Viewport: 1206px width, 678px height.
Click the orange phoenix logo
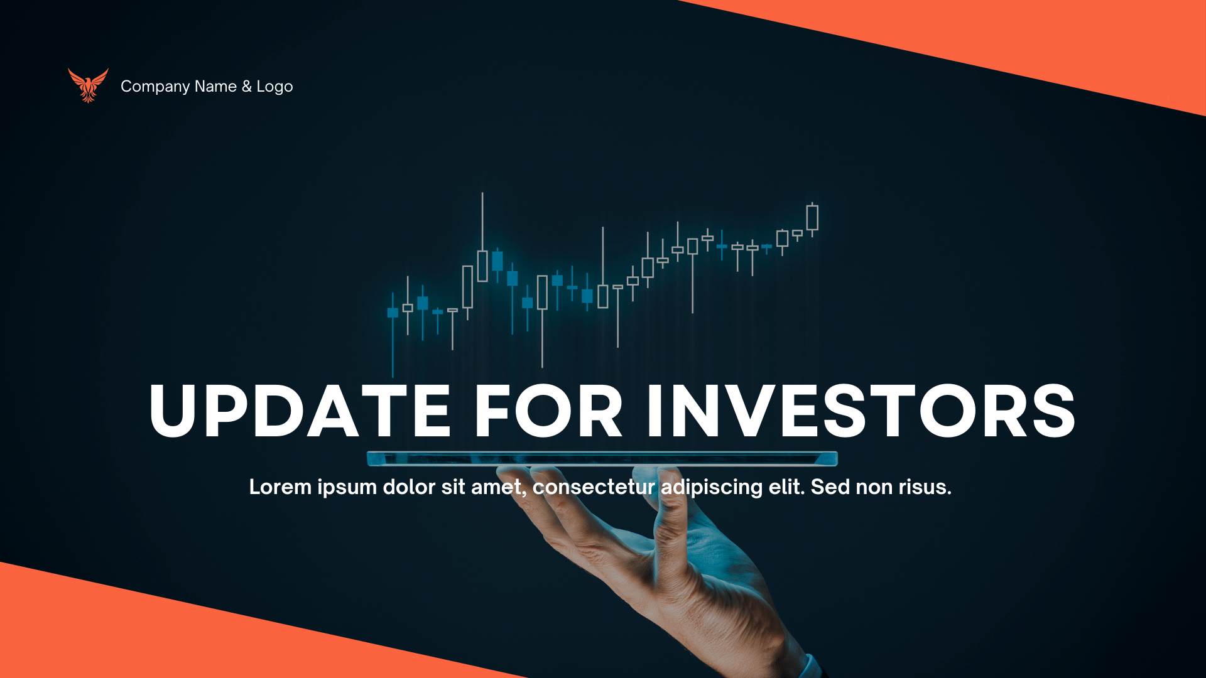click(x=88, y=85)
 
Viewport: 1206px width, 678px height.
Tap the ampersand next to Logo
click(x=246, y=86)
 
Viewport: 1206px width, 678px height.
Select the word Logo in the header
click(x=274, y=87)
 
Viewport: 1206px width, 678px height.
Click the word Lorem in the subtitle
click(x=280, y=487)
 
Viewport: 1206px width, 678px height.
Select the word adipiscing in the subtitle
click(x=712, y=487)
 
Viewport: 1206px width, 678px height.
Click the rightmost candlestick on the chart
click(x=812, y=218)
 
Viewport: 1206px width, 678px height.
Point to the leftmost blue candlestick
click(x=393, y=313)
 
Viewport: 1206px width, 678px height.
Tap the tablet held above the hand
click(x=602, y=459)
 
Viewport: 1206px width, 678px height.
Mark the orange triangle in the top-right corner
click(x=1068, y=38)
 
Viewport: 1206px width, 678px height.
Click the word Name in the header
click(x=215, y=87)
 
